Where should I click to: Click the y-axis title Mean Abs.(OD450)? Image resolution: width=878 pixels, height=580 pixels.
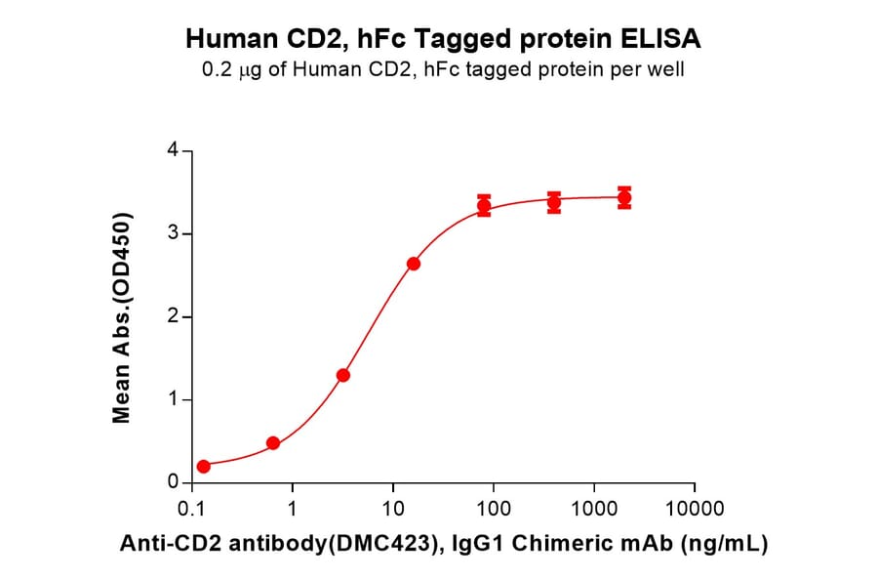[122, 318]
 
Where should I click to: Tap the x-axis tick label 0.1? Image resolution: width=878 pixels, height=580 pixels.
[193, 509]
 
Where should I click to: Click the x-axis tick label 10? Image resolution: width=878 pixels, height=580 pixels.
[393, 509]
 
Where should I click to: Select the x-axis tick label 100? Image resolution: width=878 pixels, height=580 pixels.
[494, 509]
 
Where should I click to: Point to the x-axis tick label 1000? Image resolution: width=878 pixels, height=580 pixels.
[593, 509]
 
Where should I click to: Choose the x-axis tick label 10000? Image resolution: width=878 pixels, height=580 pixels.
[694, 509]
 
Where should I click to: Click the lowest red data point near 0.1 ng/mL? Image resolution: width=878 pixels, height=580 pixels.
[203, 467]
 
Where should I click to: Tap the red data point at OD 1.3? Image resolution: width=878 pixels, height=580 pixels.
[343, 375]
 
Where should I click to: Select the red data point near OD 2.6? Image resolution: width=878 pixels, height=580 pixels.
[414, 264]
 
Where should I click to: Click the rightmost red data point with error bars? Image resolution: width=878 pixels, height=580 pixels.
[624, 198]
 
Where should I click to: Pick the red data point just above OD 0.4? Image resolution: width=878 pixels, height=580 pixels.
[273, 443]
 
